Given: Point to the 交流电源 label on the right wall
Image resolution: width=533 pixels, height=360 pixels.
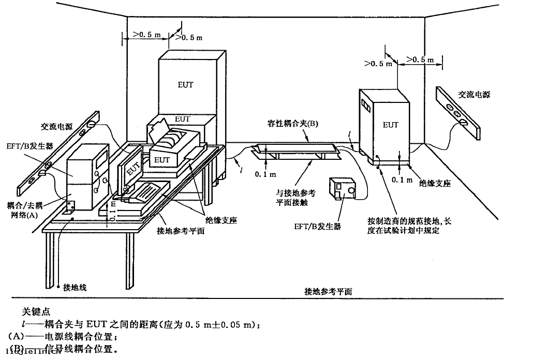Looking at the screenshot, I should (x=474, y=95).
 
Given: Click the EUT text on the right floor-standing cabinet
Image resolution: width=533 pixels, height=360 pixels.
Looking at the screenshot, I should (x=391, y=125).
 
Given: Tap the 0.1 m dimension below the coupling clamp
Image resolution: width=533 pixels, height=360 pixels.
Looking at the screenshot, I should (x=264, y=174).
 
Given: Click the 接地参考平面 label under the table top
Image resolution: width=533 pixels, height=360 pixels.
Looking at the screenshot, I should (x=181, y=231).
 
